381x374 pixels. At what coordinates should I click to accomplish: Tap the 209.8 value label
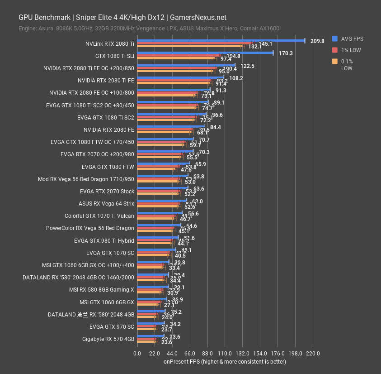pyautogui.click(x=317, y=41)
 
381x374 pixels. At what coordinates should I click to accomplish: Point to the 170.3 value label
pyautogui.click(x=286, y=53)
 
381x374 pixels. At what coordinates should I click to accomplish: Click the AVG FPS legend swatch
pyautogui.click(x=334, y=38)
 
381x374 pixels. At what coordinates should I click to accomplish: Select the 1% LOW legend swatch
pyautogui.click(x=334, y=50)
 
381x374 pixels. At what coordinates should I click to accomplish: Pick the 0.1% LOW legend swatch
pyautogui.click(x=334, y=61)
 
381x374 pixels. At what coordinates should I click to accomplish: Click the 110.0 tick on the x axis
pyautogui.click(x=225, y=353)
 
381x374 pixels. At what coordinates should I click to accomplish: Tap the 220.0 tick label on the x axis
pyautogui.click(x=312, y=353)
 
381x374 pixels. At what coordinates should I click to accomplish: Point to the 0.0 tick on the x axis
pyautogui.click(x=137, y=353)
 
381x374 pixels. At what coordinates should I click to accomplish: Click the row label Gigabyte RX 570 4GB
pyautogui.click(x=108, y=339)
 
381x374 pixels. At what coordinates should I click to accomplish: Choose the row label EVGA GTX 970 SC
pyautogui.click(x=112, y=326)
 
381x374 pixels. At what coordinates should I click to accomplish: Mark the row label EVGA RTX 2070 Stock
pyautogui.click(x=107, y=192)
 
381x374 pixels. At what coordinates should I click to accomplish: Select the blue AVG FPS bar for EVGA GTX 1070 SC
pyautogui.click(x=156, y=249)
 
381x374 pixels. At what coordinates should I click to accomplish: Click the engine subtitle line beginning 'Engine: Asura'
pyautogui.click(x=150, y=29)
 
